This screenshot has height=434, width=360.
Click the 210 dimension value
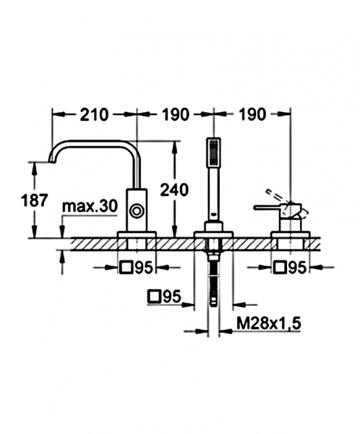click(93, 114)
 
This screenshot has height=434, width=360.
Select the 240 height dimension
click(175, 190)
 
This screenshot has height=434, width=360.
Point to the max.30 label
click(90, 206)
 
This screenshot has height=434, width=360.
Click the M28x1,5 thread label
click(269, 323)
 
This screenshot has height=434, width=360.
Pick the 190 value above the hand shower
click(176, 114)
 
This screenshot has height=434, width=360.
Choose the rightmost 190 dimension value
click(252, 114)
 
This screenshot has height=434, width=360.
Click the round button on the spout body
click(137, 211)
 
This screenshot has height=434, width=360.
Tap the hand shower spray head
click(214, 152)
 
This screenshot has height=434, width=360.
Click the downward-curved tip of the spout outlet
click(51, 160)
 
